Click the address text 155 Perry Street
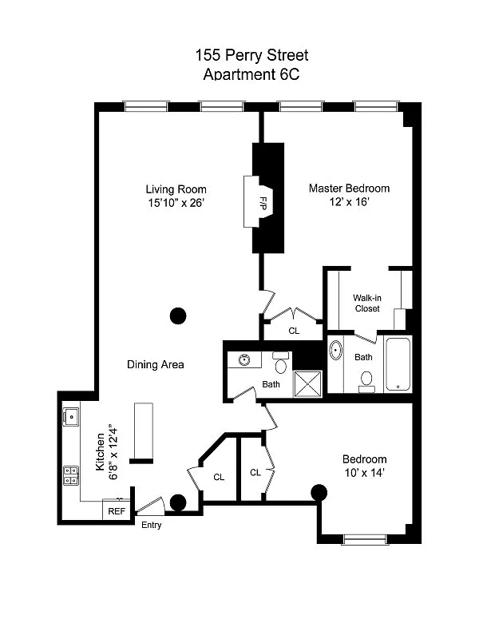coord(251,56)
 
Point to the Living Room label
coord(176,189)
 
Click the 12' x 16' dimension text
coord(350,203)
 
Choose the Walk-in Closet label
coord(367,304)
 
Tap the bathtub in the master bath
coord(398,364)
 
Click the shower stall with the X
coord(308,383)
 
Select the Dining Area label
coord(156,365)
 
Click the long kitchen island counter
coord(143,432)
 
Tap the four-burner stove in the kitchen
coord(71,475)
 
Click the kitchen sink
coord(70,415)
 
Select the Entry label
coord(151,525)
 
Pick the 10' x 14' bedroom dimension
coord(364,473)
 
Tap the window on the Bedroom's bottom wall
coord(366,539)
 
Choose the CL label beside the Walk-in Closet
coord(294,330)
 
